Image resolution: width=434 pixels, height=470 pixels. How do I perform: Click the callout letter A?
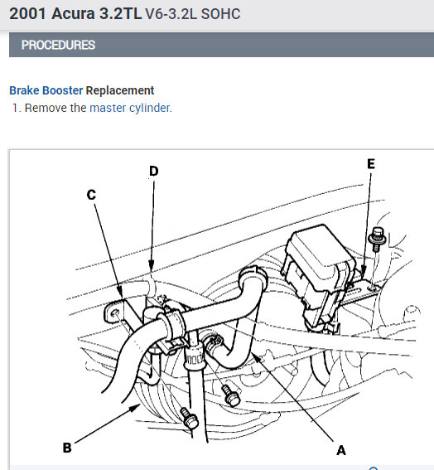341,450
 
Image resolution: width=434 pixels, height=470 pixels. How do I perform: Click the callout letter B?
67,448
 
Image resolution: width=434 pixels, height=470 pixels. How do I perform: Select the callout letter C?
91,195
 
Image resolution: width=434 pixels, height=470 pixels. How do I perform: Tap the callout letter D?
154,171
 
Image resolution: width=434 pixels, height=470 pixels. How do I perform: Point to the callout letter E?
371,164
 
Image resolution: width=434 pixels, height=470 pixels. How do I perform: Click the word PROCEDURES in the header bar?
59,45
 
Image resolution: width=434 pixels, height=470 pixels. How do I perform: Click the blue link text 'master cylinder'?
130,108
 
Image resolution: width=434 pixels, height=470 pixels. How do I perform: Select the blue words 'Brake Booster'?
46,90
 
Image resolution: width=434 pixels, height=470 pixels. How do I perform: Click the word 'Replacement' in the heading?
120,90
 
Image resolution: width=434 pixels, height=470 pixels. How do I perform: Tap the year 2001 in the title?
28,14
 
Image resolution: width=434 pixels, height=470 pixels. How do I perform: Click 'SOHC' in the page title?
221,14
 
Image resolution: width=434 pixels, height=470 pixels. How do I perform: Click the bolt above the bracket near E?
377,239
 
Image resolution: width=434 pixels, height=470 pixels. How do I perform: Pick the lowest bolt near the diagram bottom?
189,418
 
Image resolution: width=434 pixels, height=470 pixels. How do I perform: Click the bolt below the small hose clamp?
231,395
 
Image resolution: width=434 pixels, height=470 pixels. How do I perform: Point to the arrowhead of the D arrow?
152,266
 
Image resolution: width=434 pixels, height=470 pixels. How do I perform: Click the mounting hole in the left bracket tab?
115,314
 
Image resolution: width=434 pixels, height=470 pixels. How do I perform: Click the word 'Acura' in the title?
73,14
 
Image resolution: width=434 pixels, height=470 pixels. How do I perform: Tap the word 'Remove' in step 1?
46,108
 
